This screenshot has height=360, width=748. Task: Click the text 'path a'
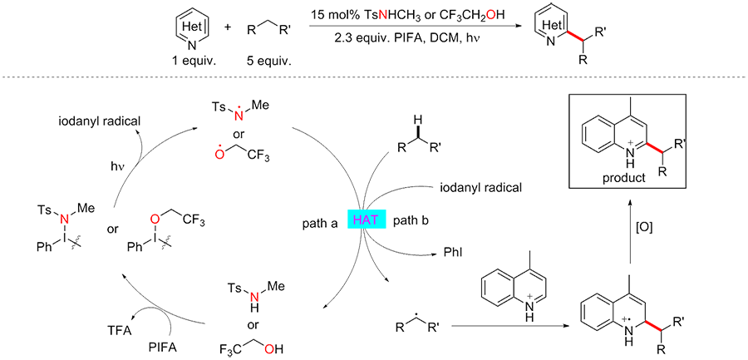click(x=319, y=222)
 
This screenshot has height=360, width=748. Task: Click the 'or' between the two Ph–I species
click(x=110, y=228)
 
